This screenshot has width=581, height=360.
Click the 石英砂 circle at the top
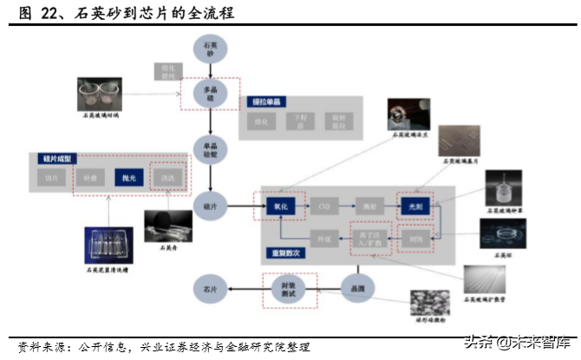(x=210, y=49)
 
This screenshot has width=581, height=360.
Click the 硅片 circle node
(x=210, y=206)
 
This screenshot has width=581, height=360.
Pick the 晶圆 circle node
(x=358, y=288)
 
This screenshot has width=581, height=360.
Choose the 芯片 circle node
(x=210, y=288)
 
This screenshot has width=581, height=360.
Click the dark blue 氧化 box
(x=281, y=206)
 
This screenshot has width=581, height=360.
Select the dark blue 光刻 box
(x=415, y=206)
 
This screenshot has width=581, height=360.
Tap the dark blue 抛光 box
(x=127, y=178)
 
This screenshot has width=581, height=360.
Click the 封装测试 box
(x=289, y=288)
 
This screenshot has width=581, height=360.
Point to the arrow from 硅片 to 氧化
(x=242, y=206)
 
